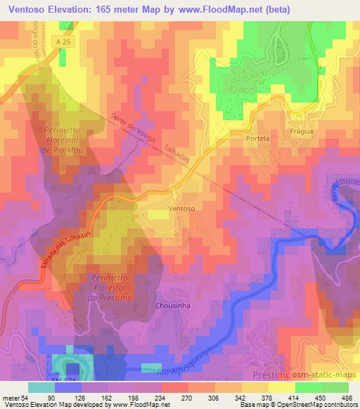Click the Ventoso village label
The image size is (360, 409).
[181, 209]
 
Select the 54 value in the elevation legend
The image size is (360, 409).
[28, 398]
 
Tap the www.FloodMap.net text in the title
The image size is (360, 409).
[226, 9]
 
